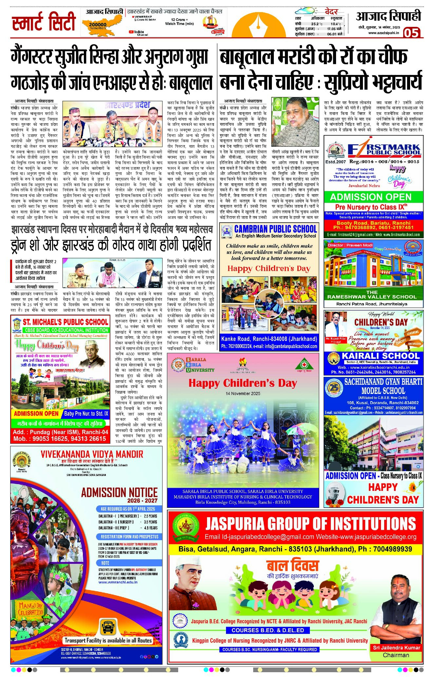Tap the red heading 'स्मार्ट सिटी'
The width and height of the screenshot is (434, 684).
44,22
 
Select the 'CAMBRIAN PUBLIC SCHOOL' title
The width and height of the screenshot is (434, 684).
275,229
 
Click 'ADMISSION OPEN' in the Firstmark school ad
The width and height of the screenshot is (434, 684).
370,197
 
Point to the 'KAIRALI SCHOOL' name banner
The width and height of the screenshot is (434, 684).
380,356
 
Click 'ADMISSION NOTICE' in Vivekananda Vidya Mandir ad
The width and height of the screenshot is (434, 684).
119,492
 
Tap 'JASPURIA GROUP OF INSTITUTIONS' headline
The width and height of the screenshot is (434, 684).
311,524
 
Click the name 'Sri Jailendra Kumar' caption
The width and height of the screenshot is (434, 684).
396,647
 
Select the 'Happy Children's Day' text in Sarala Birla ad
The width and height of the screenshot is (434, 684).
243,383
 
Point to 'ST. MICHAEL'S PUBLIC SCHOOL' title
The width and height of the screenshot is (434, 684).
65,322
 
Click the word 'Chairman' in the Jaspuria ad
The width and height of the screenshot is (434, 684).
396,655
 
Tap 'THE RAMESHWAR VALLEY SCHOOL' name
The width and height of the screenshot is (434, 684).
372,294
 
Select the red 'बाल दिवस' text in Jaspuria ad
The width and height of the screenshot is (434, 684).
292,566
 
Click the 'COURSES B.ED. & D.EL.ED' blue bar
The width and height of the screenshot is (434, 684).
268,630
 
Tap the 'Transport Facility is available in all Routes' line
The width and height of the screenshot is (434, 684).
108,640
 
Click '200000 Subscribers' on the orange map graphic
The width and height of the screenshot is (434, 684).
98,26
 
